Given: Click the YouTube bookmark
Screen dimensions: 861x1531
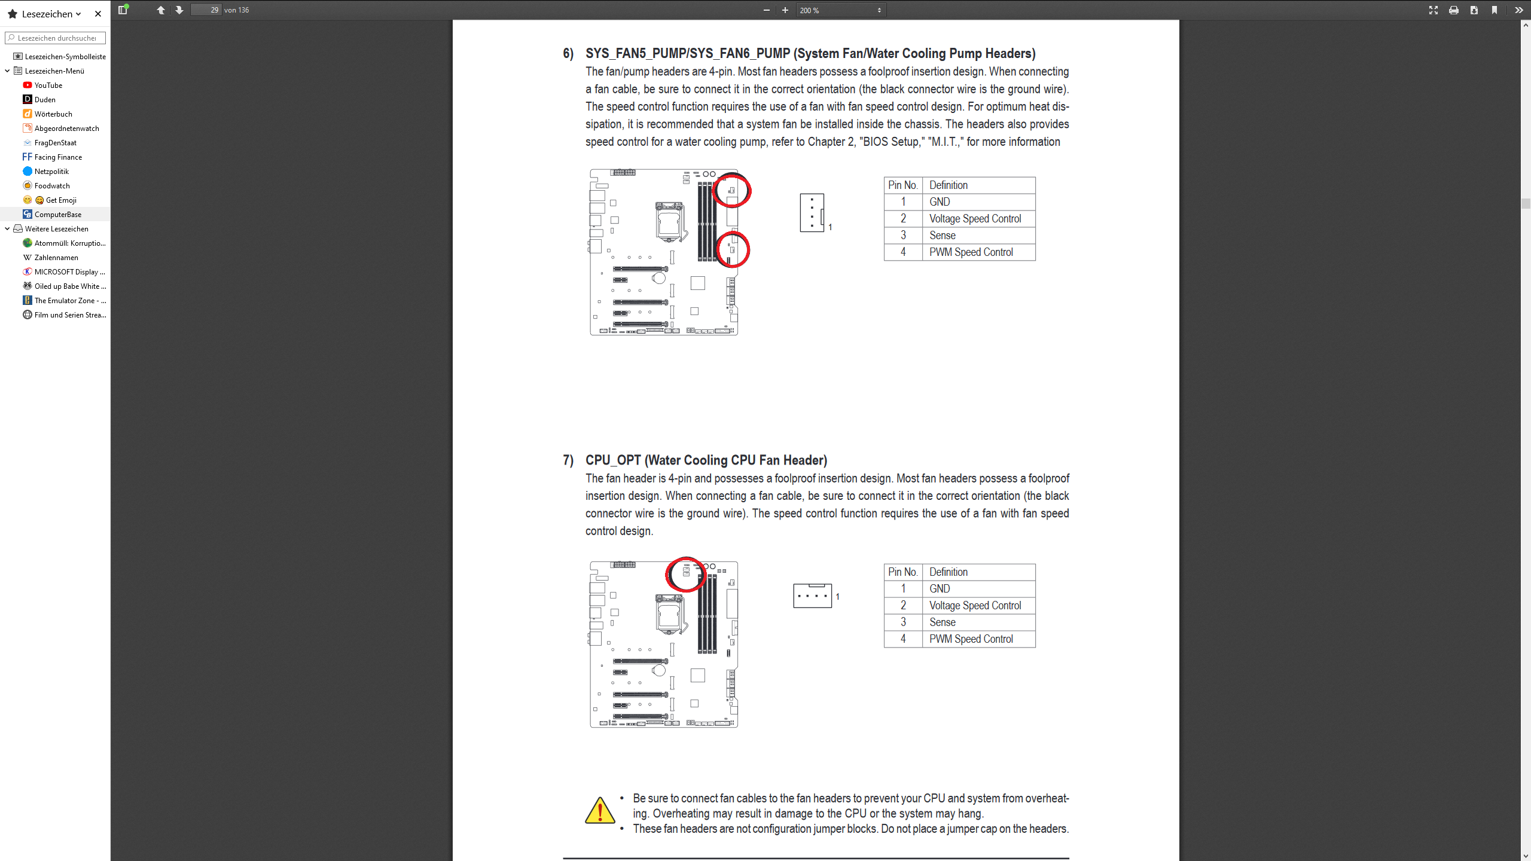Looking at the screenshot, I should point(48,86).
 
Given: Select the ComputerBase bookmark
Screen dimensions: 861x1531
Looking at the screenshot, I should point(57,215).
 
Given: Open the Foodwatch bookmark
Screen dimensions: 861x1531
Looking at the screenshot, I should point(51,186).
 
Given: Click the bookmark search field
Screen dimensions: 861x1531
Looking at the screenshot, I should point(56,38).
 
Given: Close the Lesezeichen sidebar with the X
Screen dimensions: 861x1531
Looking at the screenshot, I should point(98,14).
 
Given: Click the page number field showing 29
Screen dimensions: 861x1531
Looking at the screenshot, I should point(206,10).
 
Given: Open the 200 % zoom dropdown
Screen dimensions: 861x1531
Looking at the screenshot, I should point(840,10).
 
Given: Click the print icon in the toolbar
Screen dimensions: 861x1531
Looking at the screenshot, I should point(1453,10).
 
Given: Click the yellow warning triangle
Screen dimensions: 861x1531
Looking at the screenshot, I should point(600,811).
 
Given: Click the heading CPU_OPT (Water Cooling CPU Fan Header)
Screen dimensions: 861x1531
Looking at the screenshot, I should point(706,460).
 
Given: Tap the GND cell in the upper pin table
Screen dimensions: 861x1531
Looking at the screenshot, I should point(940,202).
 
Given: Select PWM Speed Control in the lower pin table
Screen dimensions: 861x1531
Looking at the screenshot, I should point(971,639).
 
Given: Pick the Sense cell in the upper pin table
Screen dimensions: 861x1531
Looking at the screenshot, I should point(942,236).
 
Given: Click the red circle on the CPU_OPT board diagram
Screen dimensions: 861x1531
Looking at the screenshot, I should point(685,574).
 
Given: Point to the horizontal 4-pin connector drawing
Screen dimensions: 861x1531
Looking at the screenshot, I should point(812,596).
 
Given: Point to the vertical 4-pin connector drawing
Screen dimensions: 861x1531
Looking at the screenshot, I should point(812,213).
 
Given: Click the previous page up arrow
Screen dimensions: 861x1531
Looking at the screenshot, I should point(161,10).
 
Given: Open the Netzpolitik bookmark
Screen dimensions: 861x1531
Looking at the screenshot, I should point(51,172).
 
